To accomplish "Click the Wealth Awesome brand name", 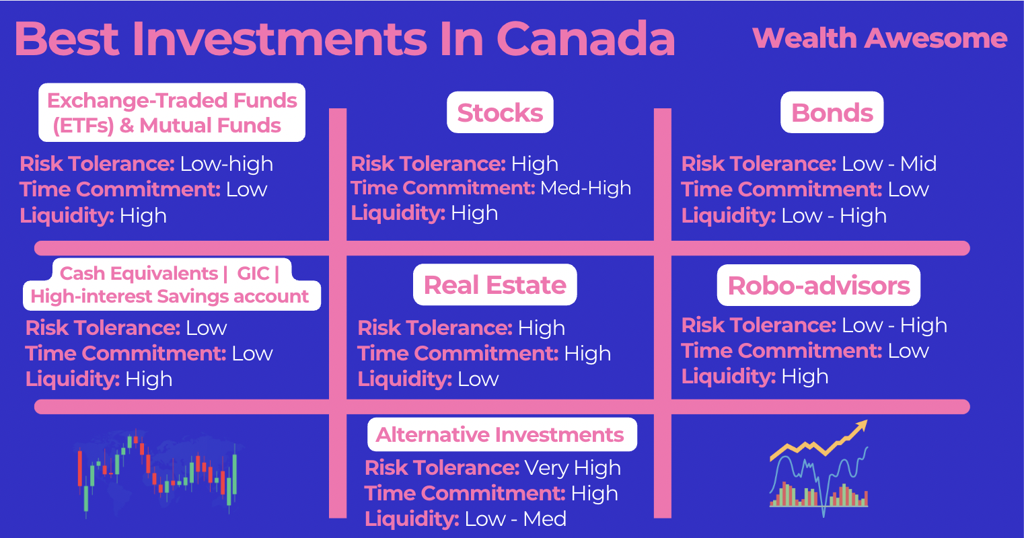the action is [879, 38].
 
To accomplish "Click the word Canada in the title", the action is [585, 39].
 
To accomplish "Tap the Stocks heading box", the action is [500, 112].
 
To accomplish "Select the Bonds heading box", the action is [832, 112].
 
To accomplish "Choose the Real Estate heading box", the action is [495, 284].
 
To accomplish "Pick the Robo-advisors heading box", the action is [819, 285].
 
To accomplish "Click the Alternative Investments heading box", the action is [502, 434].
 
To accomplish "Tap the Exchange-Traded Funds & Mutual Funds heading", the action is [172, 112].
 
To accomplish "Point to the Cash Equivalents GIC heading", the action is [172, 284].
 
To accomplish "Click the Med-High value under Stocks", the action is [585, 188].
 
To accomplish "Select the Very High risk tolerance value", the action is [573, 468].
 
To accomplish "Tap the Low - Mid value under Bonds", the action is [889, 163].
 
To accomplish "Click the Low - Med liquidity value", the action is [515, 518].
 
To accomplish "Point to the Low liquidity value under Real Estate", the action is [478, 379].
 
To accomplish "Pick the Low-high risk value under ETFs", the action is [227, 164].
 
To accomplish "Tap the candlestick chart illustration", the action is [157, 473].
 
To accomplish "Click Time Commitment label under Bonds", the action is [782, 189].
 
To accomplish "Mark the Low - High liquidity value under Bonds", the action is [834, 215].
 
